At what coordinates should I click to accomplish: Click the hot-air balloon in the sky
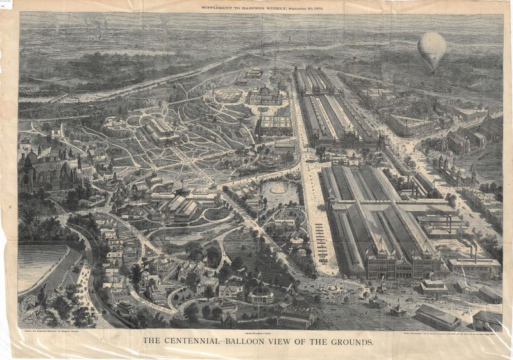432,49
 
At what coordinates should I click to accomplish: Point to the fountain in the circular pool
278,189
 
